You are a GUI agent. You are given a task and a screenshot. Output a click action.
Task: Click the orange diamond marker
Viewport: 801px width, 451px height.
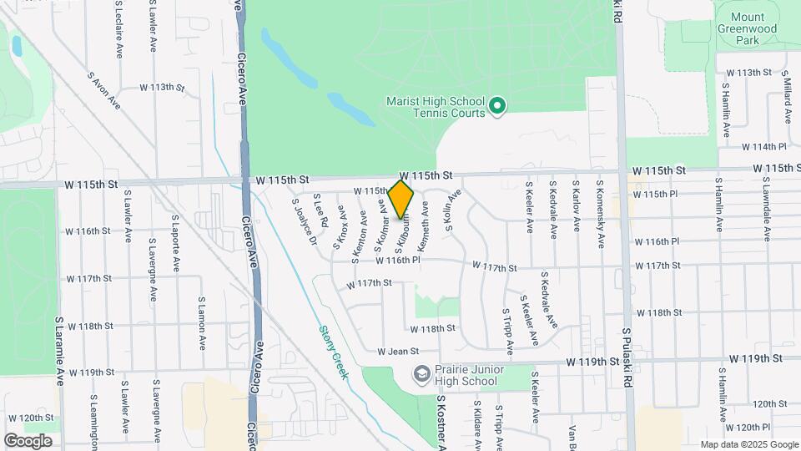(401, 199)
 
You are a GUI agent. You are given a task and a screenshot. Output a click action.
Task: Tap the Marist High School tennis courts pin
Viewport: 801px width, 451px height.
(497, 105)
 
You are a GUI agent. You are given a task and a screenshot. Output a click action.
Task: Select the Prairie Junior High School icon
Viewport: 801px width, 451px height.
(422, 372)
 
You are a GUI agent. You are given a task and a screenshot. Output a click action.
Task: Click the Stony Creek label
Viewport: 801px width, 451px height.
(334, 352)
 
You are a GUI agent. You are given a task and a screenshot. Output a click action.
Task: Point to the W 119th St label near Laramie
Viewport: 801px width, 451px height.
(91, 372)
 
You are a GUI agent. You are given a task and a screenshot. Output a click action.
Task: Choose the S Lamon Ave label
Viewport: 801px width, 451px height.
(201, 322)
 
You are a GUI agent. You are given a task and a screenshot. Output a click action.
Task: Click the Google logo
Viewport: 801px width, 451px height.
(28, 440)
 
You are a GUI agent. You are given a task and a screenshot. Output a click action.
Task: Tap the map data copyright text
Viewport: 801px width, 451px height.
(748, 444)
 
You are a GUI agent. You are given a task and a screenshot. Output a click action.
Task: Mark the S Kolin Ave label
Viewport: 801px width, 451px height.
(453, 212)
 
